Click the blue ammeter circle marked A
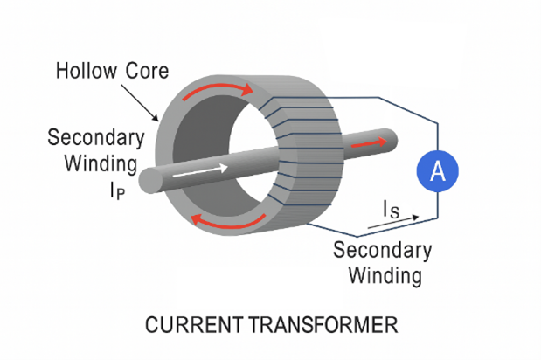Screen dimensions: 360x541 coord(439,172)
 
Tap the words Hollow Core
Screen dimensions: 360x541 coord(108,71)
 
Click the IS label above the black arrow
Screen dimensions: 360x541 coord(393,209)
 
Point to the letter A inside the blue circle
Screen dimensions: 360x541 coord(439,172)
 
